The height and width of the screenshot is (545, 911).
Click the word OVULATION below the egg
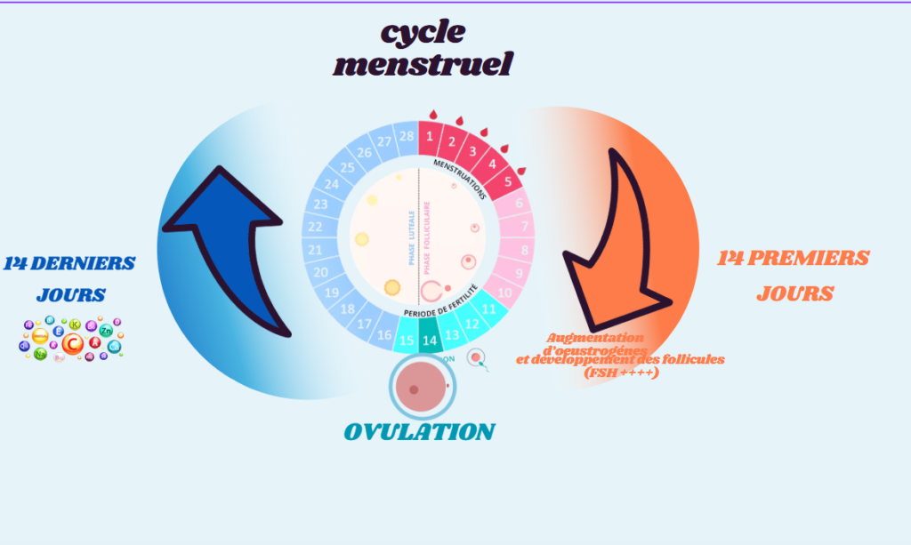coord(418,432)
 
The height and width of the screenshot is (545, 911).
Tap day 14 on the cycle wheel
coord(430,341)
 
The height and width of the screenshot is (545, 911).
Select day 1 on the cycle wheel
coord(430,136)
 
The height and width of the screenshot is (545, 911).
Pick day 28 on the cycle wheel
coord(407,136)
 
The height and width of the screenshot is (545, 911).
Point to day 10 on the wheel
coord(504,293)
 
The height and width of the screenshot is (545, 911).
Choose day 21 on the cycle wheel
coord(315,251)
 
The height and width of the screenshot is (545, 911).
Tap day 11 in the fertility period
coord(489,309)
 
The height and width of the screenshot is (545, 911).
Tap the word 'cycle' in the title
coord(423,32)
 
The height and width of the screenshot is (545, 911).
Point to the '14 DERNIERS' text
coord(69,263)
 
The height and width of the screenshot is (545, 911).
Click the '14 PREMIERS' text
coord(794,259)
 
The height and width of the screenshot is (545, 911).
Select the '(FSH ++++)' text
coord(622,373)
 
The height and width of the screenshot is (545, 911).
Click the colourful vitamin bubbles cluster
coord(70,337)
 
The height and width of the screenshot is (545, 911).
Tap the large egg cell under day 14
coord(418,389)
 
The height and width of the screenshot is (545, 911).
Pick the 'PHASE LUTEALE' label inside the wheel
coord(411,237)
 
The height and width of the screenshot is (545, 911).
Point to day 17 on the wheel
coord(364,325)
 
